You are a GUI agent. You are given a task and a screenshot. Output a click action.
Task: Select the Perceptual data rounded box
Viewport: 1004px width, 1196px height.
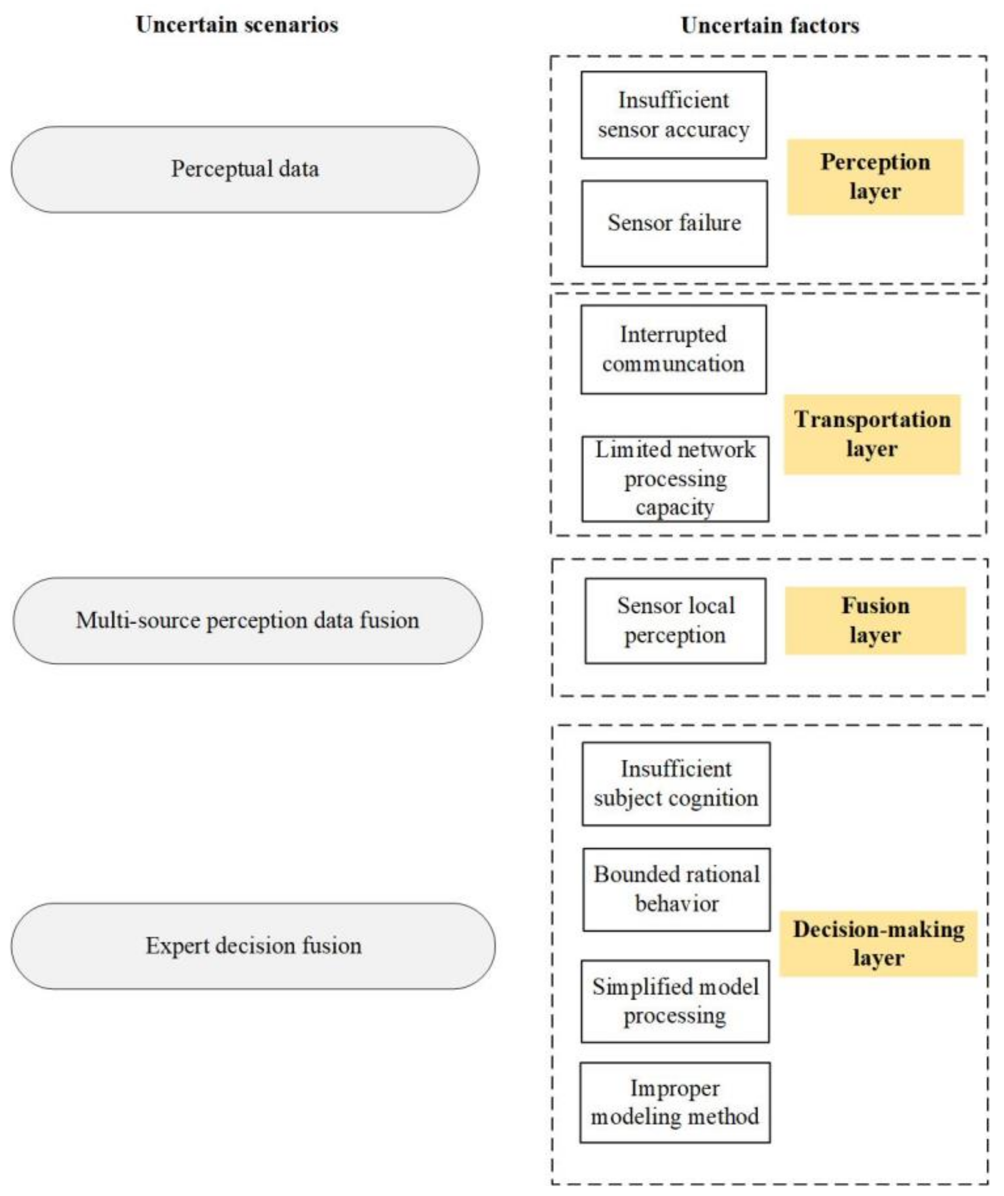click(245, 169)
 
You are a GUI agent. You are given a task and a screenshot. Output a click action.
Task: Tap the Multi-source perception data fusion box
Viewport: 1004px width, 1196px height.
click(247, 620)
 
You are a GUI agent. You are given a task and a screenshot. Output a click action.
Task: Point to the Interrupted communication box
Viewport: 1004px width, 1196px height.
click(673, 349)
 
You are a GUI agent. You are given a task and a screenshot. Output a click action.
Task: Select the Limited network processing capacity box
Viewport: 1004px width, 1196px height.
click(675, 478)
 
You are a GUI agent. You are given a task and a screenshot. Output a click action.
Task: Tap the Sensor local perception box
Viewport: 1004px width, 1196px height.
click(675, 621)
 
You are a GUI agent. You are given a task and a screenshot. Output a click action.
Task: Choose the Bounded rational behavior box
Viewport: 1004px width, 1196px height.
click(676, 890)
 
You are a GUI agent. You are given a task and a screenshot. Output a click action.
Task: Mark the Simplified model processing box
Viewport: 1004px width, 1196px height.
click(675, 1001)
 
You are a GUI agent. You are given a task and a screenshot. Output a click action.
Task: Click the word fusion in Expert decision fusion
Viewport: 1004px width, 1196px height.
click(331, 946)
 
